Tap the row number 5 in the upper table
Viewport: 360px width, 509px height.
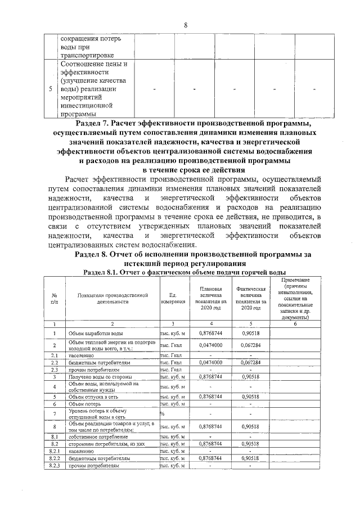point(51,89)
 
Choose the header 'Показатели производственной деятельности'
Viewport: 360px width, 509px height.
point(112,298)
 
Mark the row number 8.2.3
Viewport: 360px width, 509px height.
point(55,466)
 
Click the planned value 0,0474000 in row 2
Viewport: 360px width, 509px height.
point(210,344)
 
